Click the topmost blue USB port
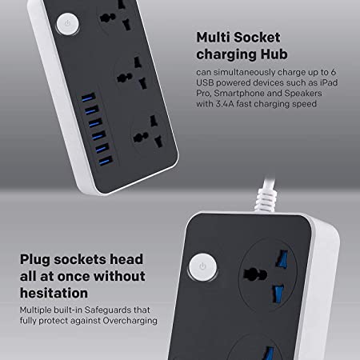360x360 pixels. point(89,98)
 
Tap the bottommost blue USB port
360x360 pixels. point(106,161)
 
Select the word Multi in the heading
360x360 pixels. point(213,38)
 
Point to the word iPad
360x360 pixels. point(329,82)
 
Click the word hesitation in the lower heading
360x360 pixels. point(54,293)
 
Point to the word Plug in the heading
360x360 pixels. point(35,260)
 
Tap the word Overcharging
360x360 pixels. point(130,321)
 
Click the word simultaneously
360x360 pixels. point(244,72)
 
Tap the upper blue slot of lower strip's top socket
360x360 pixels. point(282,259)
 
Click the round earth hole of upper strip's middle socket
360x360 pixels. point(125,78)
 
